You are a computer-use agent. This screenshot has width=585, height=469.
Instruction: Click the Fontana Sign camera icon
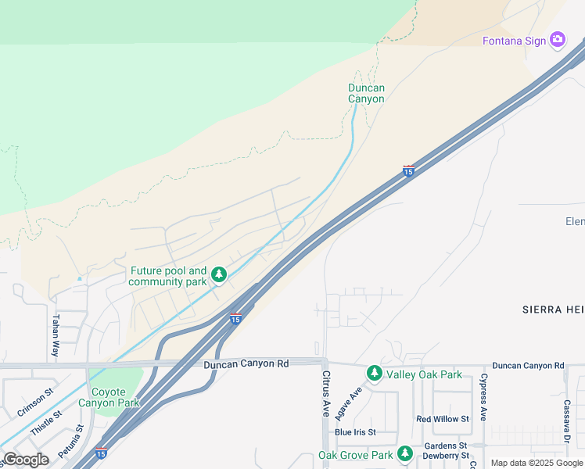(x=558, y=40)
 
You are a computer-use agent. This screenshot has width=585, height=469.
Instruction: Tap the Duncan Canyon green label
(x=366, y=94)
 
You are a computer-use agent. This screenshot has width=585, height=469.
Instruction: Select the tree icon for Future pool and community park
(x=220, y=275)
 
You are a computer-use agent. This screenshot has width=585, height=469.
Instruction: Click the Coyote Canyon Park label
(x=109, y=397)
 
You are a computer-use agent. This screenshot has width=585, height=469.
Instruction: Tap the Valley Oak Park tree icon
(x=375, y=373)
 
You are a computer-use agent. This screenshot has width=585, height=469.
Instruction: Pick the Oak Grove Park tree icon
(x=404, y=453)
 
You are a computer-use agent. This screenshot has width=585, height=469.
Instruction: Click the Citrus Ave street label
(x=327, y=393)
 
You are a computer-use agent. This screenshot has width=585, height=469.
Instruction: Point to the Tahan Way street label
(x=56, y=336)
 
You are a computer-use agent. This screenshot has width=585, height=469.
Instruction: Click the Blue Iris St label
(x=355, y=432)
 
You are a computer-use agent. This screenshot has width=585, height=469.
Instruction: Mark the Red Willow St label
(x=442, y=419)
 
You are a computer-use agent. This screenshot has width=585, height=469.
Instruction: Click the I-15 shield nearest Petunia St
(x=101, y=453)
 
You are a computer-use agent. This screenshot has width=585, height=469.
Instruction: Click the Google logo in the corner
(x=26, y=460)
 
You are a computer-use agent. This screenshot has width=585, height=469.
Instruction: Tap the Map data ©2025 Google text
(x=537, y=463)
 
